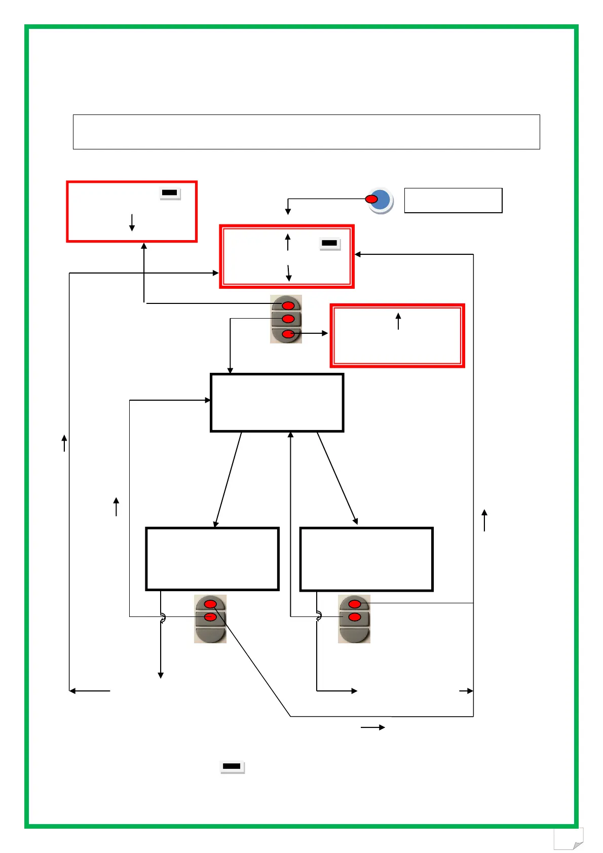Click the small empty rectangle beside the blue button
[x=453, y=201]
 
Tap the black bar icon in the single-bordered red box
[x=170, y=193]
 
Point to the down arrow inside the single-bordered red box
[x=132, y=222]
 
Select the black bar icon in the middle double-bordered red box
[x=329, y=244]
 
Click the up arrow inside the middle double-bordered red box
[x=288, y=242]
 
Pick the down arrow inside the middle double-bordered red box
[x=288, y=273]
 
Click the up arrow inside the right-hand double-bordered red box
[x=398, y=321]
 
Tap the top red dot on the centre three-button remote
[x=288, y=306]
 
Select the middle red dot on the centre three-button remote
[x=288, y=319]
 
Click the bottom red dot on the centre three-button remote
[x=288, y=334]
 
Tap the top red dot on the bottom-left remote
[x=210, y=604]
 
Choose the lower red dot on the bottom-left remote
[x=210, y=617]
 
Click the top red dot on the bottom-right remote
[x=355, y=604]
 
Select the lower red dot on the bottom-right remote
[x=355, y=617]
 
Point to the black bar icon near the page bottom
[x=232, y=766]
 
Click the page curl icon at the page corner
[x=569, y=839]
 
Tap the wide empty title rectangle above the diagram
[x=306, y=132]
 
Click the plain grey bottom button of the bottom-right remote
[x=354, y=634]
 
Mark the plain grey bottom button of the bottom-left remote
[x=210, y=634]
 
